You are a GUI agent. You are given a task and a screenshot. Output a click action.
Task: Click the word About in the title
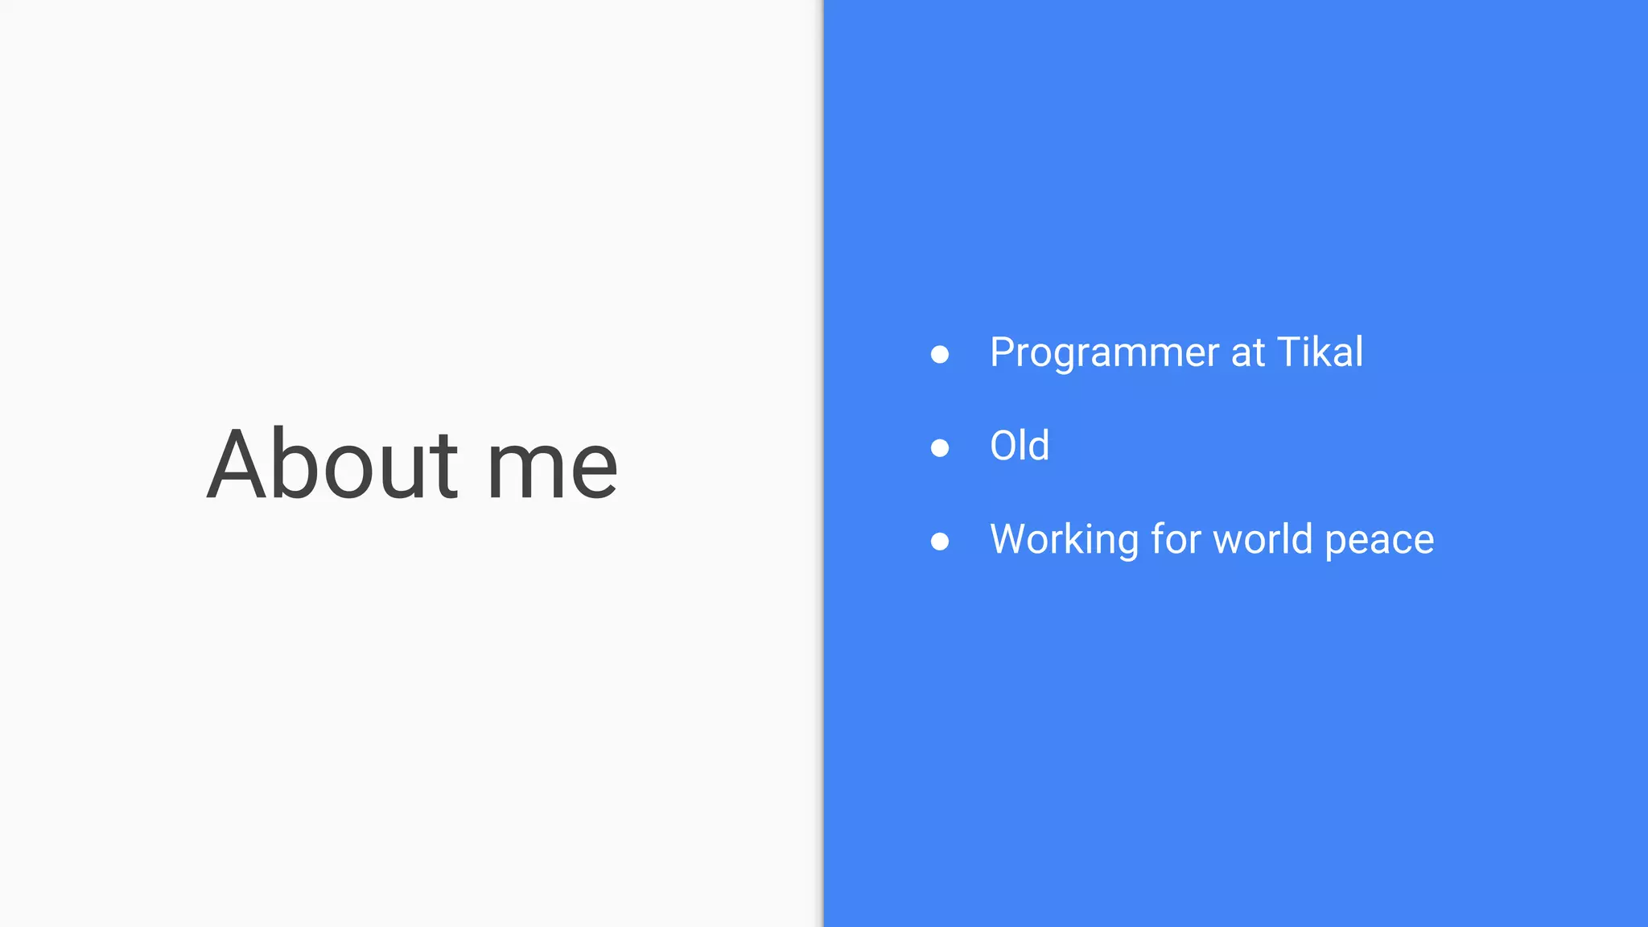(x=332, y=465)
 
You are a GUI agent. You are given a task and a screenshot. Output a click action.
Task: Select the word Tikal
(x=1320, y=352)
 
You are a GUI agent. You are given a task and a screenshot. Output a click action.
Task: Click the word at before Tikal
(x=1248, y=353)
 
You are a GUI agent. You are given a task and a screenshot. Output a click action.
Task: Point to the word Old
(x=1020, y=446)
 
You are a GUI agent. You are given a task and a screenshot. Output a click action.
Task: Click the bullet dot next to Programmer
(x=939, y=354)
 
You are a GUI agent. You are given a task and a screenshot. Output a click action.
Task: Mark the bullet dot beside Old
(x=939, y=447)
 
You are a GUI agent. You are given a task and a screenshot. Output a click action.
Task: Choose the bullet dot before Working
(x=939, y=541)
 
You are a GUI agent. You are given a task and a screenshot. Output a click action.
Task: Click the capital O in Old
(x=1005, y=446)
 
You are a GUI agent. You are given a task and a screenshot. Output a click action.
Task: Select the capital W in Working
(x=1013, y=538)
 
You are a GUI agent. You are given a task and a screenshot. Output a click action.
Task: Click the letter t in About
(x=444, y=469)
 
